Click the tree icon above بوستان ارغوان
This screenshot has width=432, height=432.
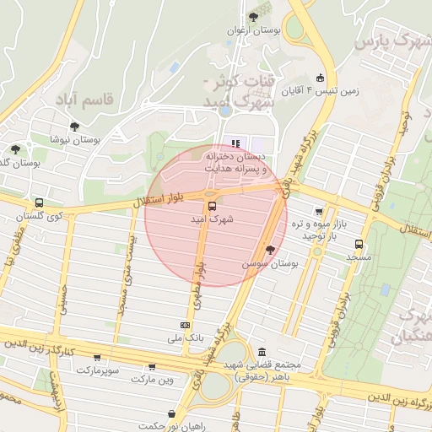click(x=253, y=17)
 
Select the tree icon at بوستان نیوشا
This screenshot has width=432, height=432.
click(x=74, y=127)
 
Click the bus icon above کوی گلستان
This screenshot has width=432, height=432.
click(x=39, y=203)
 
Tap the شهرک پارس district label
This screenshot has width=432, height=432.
click(x=391, y=40)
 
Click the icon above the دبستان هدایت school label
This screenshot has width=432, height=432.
click(x=235, y=143)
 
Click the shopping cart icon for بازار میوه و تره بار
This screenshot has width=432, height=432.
click(x=318, y=212)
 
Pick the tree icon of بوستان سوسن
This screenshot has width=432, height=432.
click(x=270, y=250)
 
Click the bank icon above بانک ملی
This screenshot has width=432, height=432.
click(x=185, y=325)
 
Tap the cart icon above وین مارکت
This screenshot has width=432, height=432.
click(x=152, y=367)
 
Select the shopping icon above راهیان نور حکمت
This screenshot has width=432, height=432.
click(x=172, y=414)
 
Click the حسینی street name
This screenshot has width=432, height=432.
click(x=62, y=300)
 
